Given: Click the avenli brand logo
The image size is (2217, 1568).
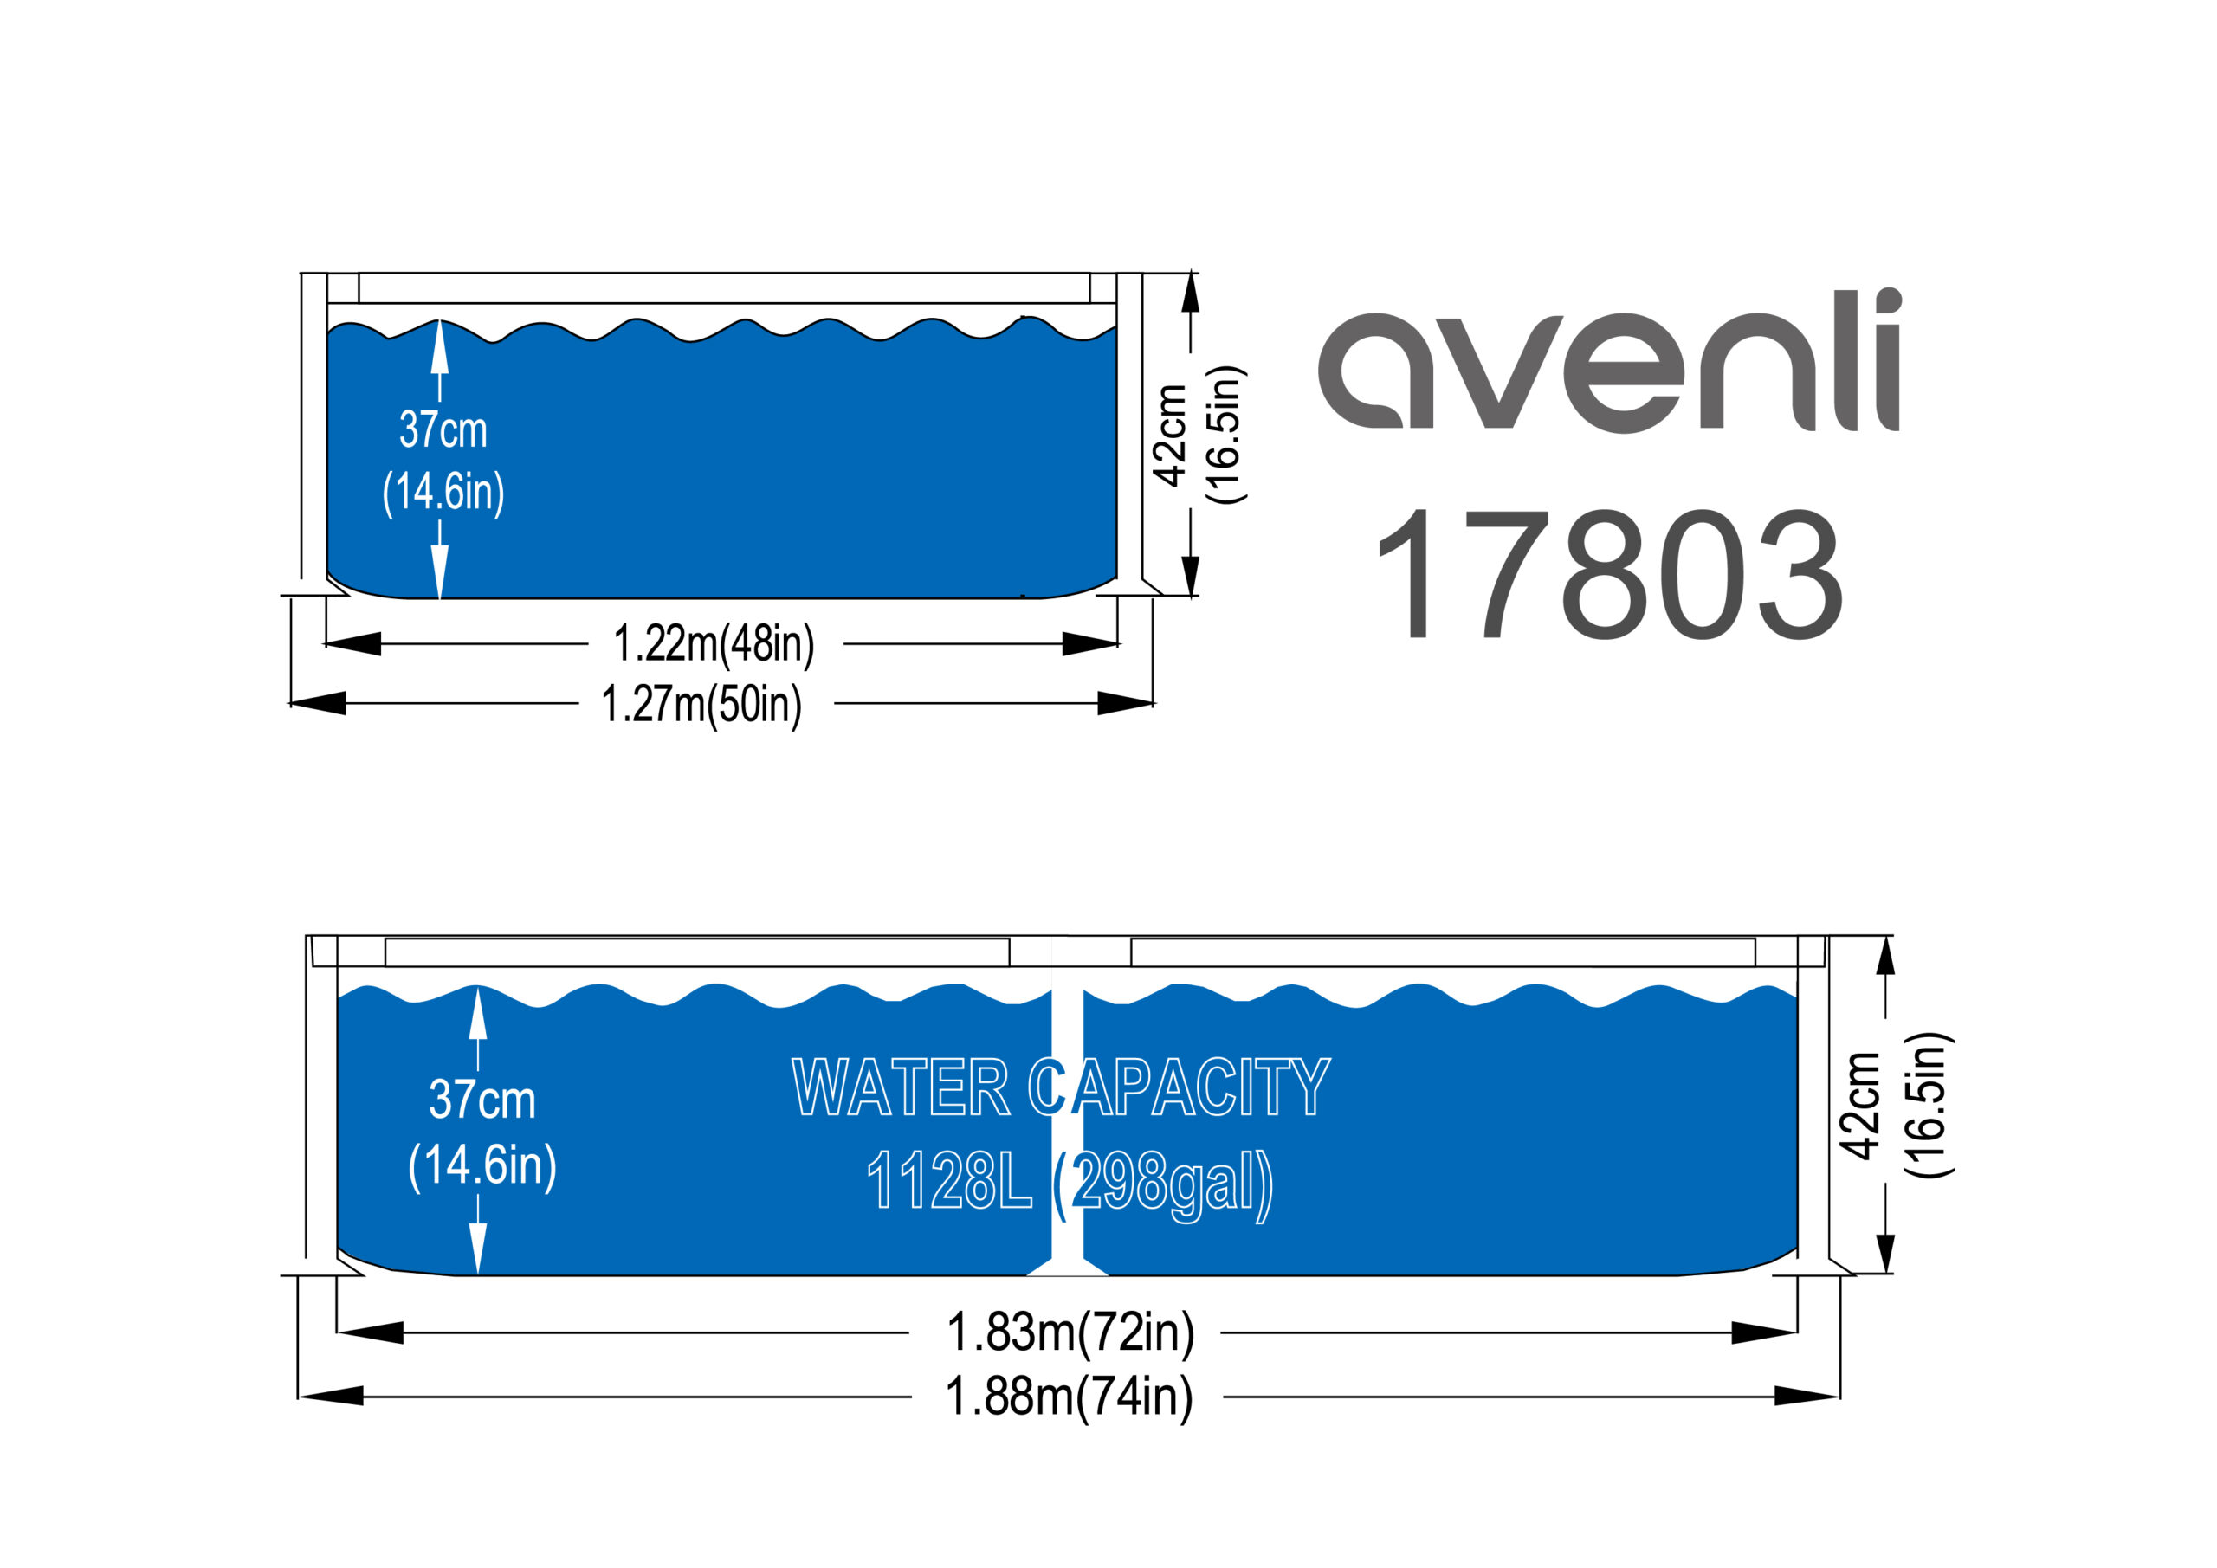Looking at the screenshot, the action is (x=1609, y=360).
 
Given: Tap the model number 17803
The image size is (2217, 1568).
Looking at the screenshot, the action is (x=1610, y=575).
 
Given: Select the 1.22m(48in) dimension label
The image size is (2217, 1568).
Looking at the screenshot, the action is (x=714, y=644).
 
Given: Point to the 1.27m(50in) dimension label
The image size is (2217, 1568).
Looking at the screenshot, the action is (x=701, y=704).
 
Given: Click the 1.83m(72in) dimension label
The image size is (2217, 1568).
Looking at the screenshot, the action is (x=1070, y=1332).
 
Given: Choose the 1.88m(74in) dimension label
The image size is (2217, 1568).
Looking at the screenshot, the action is (x=1069, y=1397).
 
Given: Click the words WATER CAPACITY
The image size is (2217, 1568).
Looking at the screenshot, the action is (x=1061, y=1087).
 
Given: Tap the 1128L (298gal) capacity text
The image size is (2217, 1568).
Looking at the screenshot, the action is (x=1070, y=1184).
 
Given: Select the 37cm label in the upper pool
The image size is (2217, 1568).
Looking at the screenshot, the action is (x=443, y=429).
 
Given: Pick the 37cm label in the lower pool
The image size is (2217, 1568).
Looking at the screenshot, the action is (x=482, y=1100).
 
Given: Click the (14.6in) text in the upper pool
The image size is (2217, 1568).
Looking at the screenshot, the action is (x=443, y=493).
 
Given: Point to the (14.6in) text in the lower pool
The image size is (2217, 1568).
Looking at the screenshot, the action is (x=482, y=1166).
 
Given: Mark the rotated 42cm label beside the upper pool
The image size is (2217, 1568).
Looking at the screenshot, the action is (x=1170, y=436).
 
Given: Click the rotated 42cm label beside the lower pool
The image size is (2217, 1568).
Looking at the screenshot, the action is (x=1858, y=1106).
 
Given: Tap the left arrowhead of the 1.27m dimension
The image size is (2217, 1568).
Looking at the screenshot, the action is (x=317, y=703).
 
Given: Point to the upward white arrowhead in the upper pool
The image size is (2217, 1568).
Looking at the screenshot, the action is (x=439, y=346).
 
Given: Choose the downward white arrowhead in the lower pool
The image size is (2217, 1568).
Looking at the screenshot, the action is (x=478, y=1248).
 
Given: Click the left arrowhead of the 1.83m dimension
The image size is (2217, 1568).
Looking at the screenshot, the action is (x=370, y=1332).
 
